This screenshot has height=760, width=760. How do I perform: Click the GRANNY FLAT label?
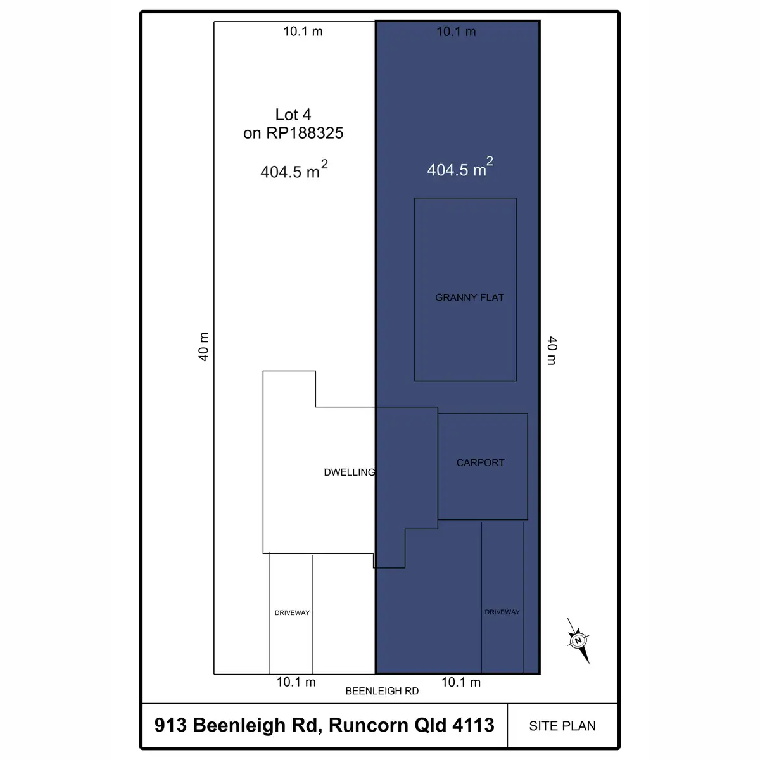point(469,298)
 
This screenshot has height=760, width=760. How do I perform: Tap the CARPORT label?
point(480,462)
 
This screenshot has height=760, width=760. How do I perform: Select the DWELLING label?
point(350,472)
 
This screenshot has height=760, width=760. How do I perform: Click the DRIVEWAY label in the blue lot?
point(502,612)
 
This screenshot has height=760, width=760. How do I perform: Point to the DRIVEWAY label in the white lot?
point(292,612)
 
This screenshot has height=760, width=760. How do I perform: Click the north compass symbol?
point(579,640)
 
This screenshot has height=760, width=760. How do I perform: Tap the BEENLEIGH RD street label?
point(382,691)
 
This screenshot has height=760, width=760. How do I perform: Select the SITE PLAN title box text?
point(562,726)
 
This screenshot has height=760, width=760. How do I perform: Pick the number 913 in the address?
point(170,725)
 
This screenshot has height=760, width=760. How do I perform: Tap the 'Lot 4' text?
point(293,115)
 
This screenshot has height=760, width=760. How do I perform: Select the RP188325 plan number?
point(305,133)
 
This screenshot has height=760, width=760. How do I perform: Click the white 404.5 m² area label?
point(460,167)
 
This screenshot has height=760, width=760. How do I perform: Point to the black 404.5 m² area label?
point(294,170)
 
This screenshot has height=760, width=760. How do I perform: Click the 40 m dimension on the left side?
point(203,346)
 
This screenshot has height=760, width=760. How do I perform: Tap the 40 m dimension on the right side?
point(552,351)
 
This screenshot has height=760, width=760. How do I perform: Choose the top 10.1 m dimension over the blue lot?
point(456,32)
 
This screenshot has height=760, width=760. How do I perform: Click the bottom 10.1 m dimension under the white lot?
point(296,682)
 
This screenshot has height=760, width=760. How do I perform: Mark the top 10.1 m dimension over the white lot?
point(303,32)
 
